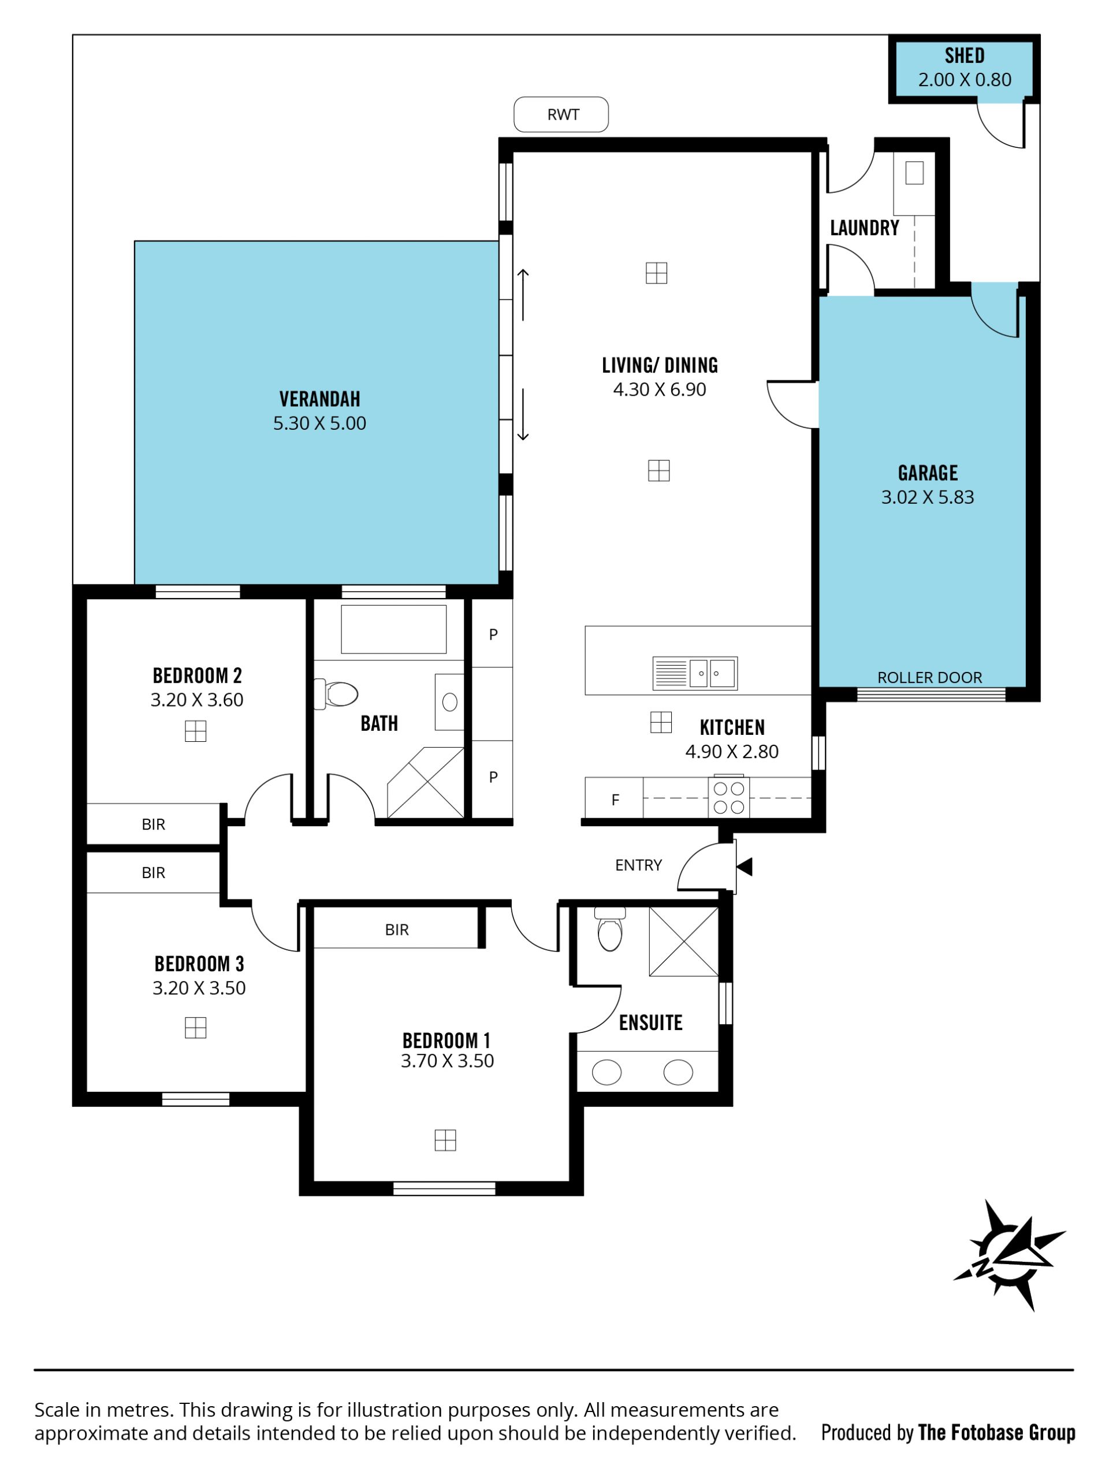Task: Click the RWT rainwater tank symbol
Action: pos(561,114)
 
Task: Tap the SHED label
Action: pos(964,55)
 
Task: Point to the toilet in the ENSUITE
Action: pos(609,929)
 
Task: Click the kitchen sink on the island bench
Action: pos(694,673)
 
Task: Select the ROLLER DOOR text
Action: pos(929,677)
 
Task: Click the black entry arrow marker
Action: pos(744,867)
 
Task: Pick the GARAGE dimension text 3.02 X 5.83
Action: pos(927,497)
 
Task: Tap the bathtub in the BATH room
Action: pos(394,629)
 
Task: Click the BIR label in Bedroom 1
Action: pos(396,930)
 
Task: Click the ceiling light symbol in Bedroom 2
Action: pos(195,731)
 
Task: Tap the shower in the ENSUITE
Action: pos(683,941)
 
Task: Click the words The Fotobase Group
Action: pos(997,1432)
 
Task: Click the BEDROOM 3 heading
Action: pos(199,964)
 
